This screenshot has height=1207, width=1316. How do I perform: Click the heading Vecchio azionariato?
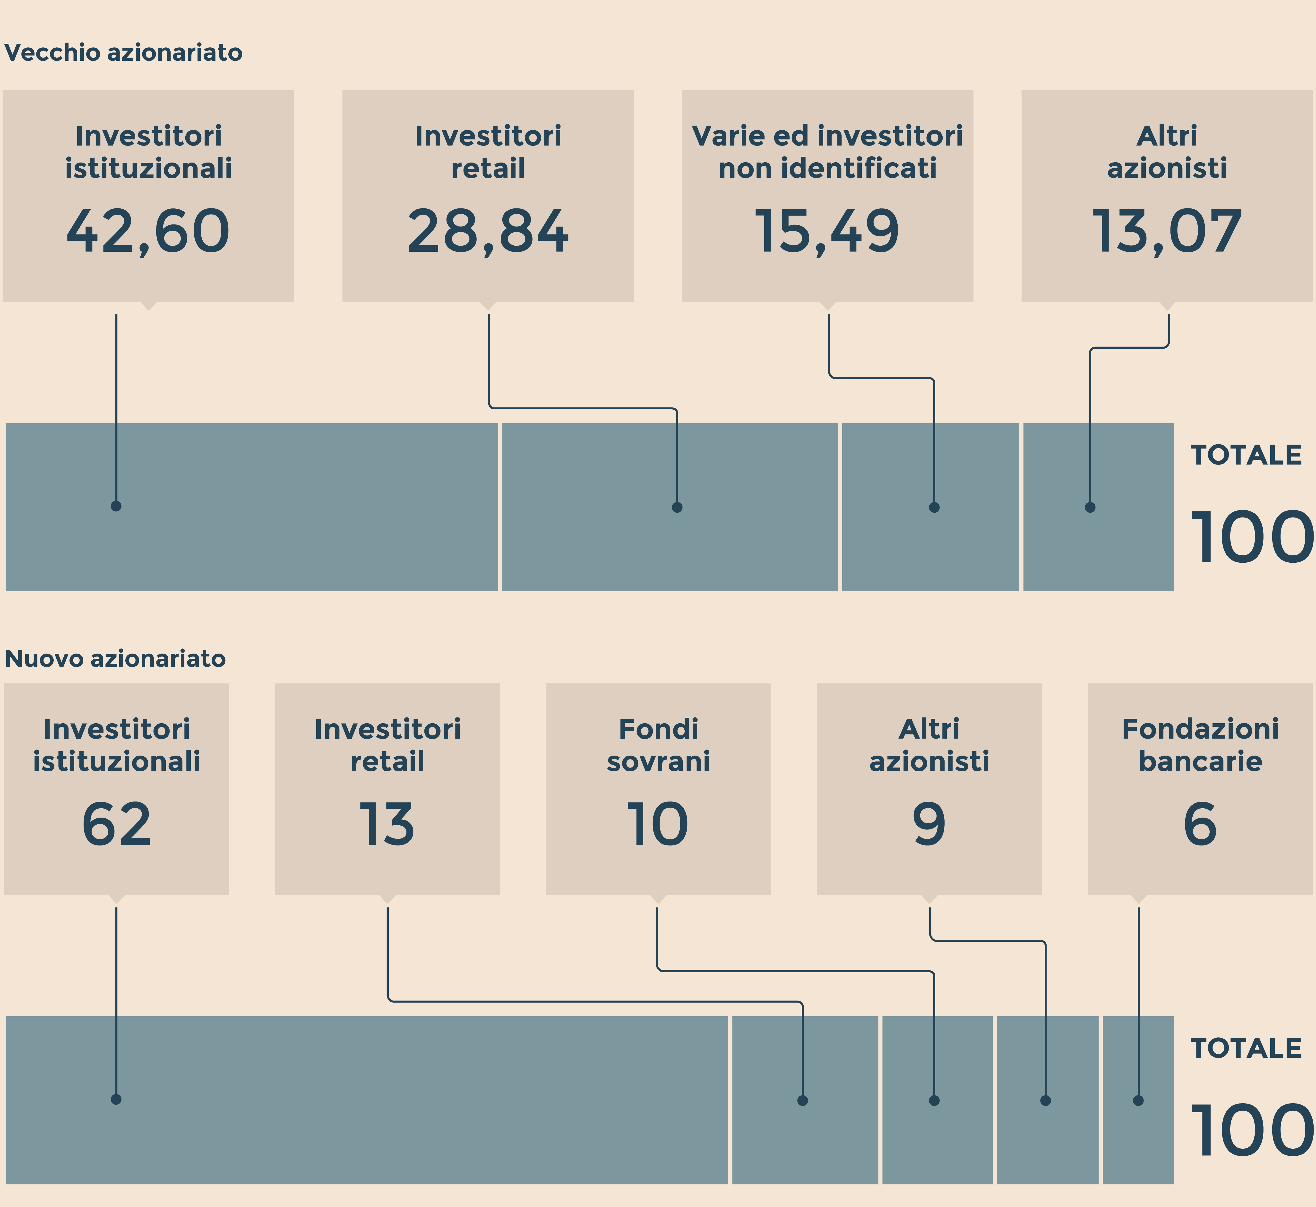coord(123,52)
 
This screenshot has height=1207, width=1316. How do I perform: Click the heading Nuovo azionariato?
coord(115,658)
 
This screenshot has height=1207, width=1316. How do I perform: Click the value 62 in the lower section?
coord(116,824)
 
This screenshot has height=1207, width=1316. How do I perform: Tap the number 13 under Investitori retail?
coord(387,824)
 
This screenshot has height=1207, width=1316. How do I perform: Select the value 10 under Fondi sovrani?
coord(658,824)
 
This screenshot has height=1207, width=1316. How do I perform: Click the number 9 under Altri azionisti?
coord(929,824)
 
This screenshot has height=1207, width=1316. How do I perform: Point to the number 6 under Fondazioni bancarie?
coord(1200,824)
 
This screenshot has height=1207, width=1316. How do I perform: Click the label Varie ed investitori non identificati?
coord(827,152)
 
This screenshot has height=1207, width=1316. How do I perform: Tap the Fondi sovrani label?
coord(658,745)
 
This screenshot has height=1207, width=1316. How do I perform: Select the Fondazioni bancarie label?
coord(1200,745)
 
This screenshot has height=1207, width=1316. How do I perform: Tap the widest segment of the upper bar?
coord(251,507)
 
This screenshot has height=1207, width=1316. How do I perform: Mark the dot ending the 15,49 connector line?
coord(934,507)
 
